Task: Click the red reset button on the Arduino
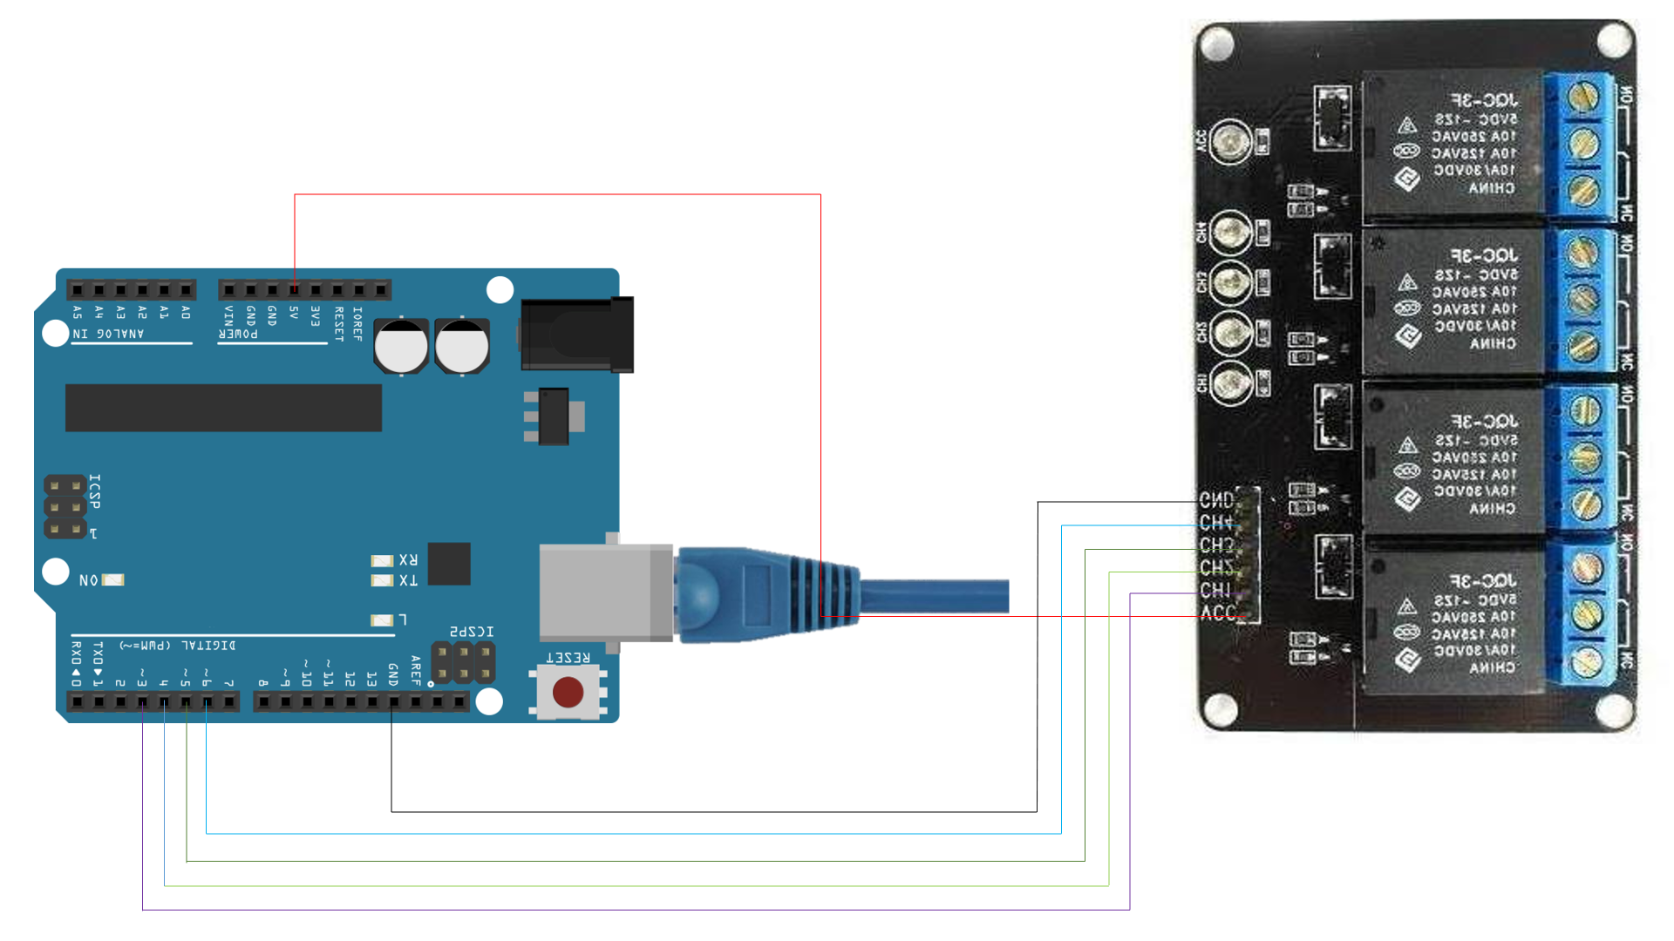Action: point(568,693)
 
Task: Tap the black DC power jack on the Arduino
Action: point(577,335)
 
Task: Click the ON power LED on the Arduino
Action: point(113,579)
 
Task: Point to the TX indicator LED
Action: point(382,580)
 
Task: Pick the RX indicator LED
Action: point(382,560)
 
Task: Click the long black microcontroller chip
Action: point(223,408)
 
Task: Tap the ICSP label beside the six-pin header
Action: point(95,491)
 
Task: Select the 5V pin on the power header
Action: point(295,290)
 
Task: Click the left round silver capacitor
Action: point(401,347)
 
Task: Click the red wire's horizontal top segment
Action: point(558,194)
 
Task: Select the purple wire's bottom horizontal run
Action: point(636,911)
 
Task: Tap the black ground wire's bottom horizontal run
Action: point(715,812)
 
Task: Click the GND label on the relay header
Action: point(1216,500)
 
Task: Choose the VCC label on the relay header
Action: point(1217,613)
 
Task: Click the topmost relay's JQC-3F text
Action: point(1484,100)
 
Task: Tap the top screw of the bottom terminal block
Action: point(1583,568)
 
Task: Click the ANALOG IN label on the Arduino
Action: point(108,334)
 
